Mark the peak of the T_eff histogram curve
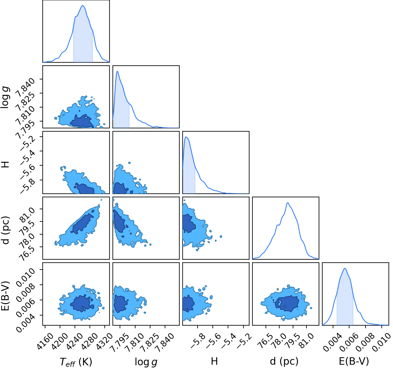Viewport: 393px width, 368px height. (83, 6)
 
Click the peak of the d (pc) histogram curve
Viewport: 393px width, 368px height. (288, 203)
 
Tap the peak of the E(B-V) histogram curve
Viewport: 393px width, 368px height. (345, 268)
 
